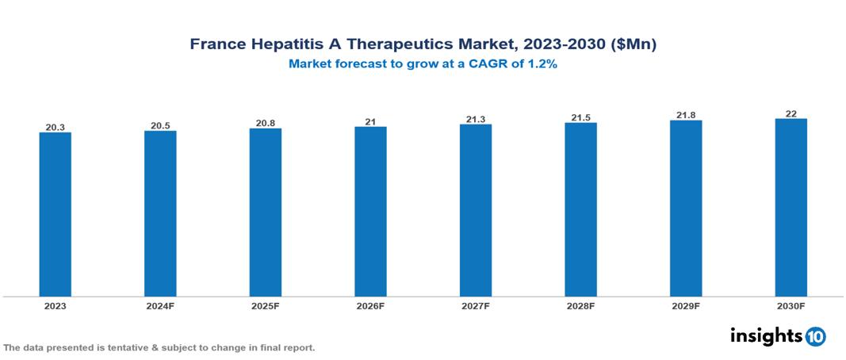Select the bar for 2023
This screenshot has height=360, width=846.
click(56, 214)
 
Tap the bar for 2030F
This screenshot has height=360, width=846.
click(790, 208)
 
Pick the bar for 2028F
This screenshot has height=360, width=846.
click(580, 209)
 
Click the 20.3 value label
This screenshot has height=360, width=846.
click(56, 126)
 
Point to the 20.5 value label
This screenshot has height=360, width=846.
click(160, 124)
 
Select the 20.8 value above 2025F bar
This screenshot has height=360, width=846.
click(266, 123)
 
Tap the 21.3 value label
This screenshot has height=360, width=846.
click(476, 119)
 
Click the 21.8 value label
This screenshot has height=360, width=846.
click(686, 116)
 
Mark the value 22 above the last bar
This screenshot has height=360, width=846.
click(790, 113)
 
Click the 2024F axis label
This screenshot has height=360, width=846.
click(160, 305)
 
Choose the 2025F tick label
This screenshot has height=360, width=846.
click(266, 305)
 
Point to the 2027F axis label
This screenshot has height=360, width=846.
click(476, 305)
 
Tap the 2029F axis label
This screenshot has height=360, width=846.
click(686, 305)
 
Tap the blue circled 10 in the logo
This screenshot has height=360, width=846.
click(815, 336)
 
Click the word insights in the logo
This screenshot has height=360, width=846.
click(766, 335)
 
